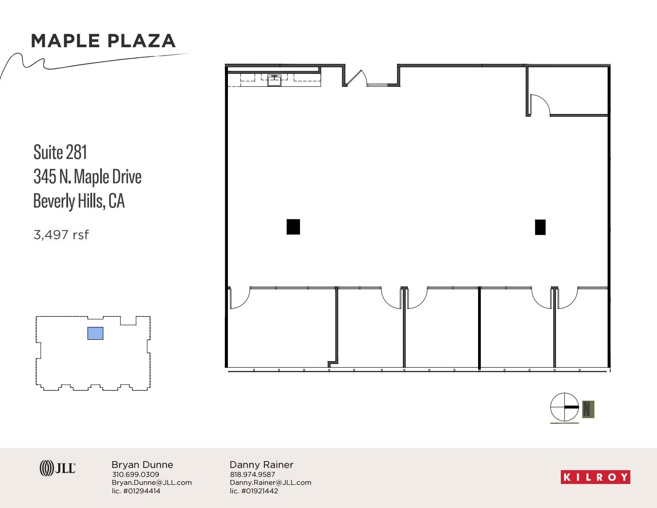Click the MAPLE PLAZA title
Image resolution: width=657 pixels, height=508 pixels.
click(x=103, y=41)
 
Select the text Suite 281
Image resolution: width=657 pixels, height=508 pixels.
click(x=60, y=152)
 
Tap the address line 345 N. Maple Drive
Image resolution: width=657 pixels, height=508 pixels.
click(x=87, y=177)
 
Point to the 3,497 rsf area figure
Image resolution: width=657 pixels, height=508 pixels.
click(x=61, y=235)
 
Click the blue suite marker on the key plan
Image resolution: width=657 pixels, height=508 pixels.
click(x=95, y=333)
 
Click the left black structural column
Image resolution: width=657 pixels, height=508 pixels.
click(x=293, y=227)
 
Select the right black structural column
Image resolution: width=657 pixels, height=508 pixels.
click(x=540, y=227)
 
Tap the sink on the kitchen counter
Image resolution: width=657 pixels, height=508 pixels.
click(x=274, y=81)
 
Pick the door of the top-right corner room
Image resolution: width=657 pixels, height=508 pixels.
click(x=539, y=105)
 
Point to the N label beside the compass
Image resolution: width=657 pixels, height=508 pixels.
click(x=588, y=409)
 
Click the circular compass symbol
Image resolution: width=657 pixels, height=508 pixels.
click(x=564, y=407)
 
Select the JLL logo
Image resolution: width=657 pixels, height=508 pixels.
click(x=57, y=468)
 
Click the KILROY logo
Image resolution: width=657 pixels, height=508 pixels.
click(x=595, y=477)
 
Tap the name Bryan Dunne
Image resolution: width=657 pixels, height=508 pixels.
click(x=142, y=465)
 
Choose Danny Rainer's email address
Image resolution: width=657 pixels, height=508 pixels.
click(x=270, y=483)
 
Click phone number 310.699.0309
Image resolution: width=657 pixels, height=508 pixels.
click(x=135, y=475)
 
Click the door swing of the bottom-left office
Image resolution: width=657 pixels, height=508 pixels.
click(x=239, y=298)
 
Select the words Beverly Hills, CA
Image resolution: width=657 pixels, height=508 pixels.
click(x=79, y=201)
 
